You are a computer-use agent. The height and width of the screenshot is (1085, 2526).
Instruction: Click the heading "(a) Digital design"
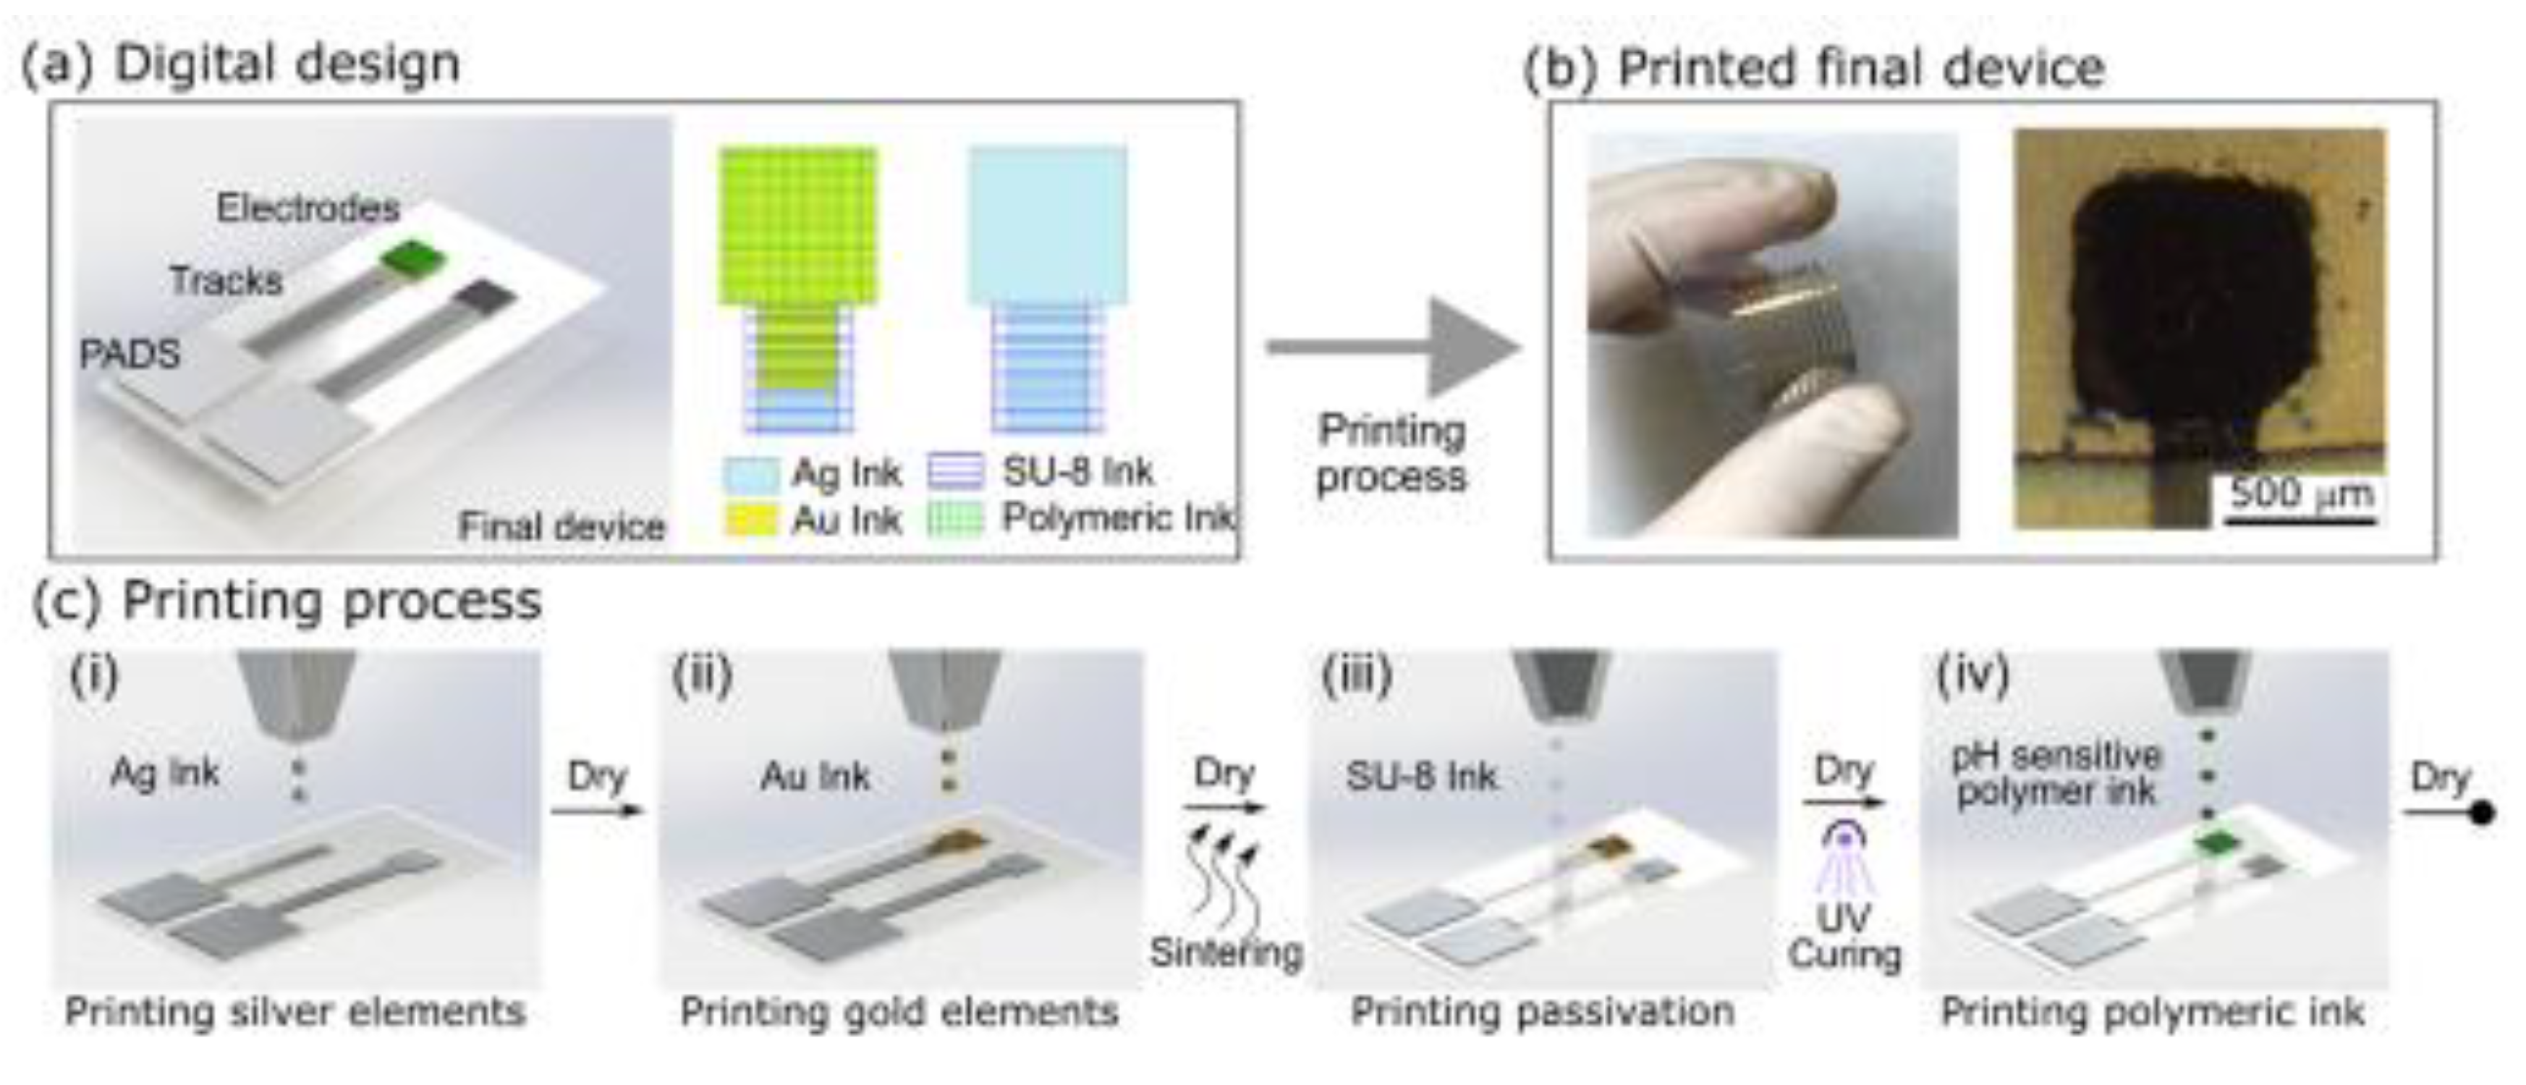pyautogui.click(x=240, y=64)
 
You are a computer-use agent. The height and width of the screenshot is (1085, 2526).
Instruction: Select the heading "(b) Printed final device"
pyautogui.click(x=1814, y=69)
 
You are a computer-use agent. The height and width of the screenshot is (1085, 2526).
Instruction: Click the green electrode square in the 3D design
pyautogui.click(x=412, y=259)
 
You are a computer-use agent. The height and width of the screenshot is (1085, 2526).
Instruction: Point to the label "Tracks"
pyautogui.click(x=226, y=281)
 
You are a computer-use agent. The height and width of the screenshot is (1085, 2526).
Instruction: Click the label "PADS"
pyautogui.click(x=130, y=353)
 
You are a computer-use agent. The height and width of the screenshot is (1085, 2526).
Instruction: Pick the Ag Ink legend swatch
pyautogui.click(x=751, y=474)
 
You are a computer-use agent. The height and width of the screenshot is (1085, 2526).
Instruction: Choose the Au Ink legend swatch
pyautogui.click(x=751, y=520)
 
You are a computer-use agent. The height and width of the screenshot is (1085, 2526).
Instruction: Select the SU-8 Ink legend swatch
pyautogui.click(x=955, y=472)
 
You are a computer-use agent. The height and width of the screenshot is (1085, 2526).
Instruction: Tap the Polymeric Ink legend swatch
pyautogui.click(x=955, y=519)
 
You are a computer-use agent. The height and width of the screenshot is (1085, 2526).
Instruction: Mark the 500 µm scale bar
pyautogui.click(x=2300, y=520)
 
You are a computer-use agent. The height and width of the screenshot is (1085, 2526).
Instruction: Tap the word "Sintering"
pyautogui.click(x=1226, y=952)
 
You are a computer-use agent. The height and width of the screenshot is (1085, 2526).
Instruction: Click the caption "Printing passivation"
pyautogui.click(x=1541, y=1011)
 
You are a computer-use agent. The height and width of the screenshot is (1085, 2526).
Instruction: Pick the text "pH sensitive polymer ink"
pyautogui.click(x=2056, y=773)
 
